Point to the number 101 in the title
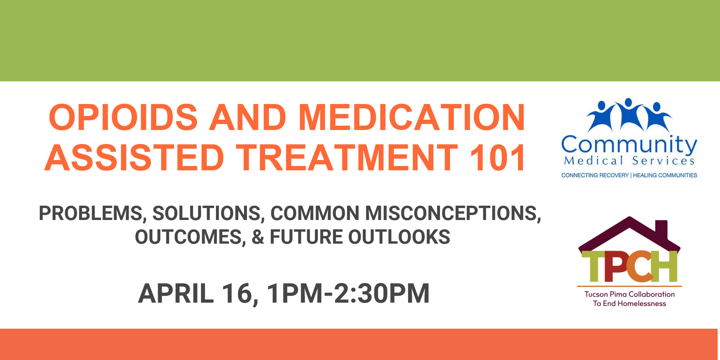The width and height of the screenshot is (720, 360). (497, 157)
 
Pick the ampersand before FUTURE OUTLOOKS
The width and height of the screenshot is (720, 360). (258, 237)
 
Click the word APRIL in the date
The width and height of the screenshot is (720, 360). (176, 293)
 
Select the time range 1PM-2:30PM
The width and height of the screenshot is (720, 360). (348, 293)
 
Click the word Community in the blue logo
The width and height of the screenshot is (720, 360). (629, 145)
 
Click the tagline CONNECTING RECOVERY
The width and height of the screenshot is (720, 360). (595, 175)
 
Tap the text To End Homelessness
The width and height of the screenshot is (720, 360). (629, 304)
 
